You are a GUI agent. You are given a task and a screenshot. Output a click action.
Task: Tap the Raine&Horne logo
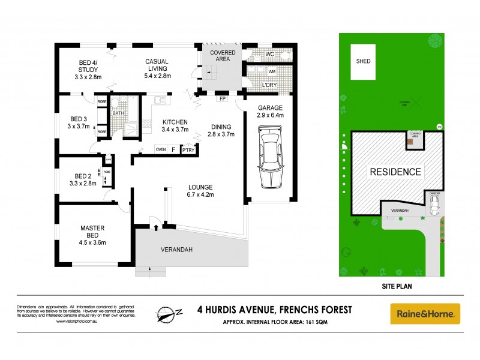[425, 313]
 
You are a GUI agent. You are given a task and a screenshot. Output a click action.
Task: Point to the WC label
[269, 54]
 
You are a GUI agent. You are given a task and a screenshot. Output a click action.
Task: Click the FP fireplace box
[222, 98]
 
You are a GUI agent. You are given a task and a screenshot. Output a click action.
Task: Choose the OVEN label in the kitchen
[160, 149]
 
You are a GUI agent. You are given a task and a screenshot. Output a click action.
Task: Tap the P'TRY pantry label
[190, 149]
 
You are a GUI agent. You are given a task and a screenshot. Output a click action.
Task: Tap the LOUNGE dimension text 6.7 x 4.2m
[200, 194]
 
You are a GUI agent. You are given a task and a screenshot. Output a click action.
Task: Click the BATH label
[118, 112]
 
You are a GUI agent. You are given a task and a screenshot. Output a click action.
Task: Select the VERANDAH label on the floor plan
[176, 249]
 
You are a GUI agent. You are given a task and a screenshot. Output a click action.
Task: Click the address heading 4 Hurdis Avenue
[275, 310]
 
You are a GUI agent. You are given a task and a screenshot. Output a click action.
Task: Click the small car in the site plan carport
[435, 206]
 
